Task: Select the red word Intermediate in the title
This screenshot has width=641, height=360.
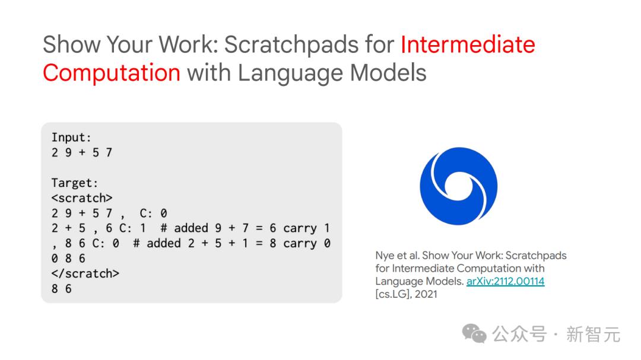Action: click(x=468, y=44)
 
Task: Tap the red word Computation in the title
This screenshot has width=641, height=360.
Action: click(x=112, y=74)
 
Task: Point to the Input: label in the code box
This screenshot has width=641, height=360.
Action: click(x=71, y=138)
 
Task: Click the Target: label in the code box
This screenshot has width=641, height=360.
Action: click(x=74, y=183)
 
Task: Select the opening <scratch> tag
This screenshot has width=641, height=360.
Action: click(x=82, y=198)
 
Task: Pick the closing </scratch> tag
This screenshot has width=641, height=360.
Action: click(x=85, y=273)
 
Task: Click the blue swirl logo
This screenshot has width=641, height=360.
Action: click(x=458, y=186)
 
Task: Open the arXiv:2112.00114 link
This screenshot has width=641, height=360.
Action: click(x=505, y=281)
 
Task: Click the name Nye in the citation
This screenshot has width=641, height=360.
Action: click(x=385, y=256)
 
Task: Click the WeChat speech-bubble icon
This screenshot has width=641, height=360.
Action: click(x=474, y=333)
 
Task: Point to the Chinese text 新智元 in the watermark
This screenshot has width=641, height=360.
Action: click(x=593, y=334)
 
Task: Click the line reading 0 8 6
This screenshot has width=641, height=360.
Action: click(x=68, y=258)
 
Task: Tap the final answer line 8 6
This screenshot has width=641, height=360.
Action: click(x=61, y=288)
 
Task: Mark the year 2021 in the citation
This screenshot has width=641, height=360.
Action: click(x=426, y=294)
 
